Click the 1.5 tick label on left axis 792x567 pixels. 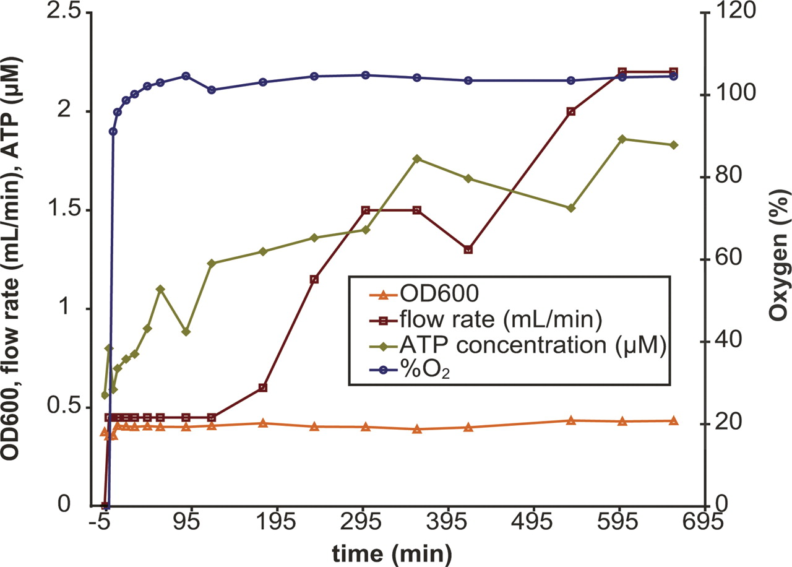66,210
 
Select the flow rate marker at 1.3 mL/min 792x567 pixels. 468,249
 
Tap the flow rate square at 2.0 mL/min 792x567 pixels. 571,111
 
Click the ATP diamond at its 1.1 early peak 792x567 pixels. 160,289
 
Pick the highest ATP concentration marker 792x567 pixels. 622,139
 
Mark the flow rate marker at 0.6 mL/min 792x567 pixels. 263,387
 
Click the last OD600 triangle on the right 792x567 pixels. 674,421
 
